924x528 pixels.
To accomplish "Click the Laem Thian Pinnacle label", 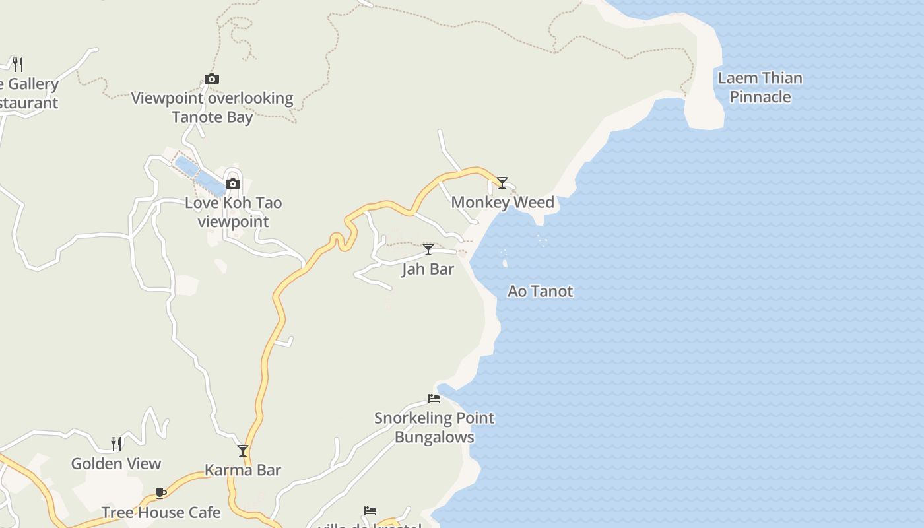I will (x=760, y=87).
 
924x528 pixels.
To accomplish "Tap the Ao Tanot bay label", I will (x=540, y=291).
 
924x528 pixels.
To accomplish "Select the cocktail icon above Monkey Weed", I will (x=502, y=182).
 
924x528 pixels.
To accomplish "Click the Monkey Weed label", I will (x=502, y=202).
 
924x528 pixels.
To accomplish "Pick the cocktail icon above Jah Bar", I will (x=428, y=249).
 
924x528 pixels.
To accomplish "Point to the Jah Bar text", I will (x=428, y=269).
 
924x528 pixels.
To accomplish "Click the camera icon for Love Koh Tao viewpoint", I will (x=233, y=183).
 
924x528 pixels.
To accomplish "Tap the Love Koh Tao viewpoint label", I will (x=233, y=212).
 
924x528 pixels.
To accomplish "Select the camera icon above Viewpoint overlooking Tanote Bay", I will (x=212, y=79).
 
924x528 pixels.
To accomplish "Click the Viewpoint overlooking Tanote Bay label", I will (x=212, y=108).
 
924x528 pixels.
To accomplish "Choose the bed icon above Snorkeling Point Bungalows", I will (x=434, y=398).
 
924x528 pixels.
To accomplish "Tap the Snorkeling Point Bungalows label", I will (x=434, y=427).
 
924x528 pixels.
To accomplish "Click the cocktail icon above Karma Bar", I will (x=243, y=451).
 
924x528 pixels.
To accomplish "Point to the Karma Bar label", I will (x=243, y=470).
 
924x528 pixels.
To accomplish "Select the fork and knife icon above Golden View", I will (x=116, y=444).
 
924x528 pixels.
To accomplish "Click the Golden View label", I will (x=116, y=463).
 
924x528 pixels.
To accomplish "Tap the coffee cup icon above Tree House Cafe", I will (x=161, y=493).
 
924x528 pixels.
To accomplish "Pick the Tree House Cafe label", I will (x=161, y=512).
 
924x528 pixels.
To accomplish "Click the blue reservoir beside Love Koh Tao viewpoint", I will (x=201, y=174).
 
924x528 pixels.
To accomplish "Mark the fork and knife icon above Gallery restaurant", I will (x=18, y=64).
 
